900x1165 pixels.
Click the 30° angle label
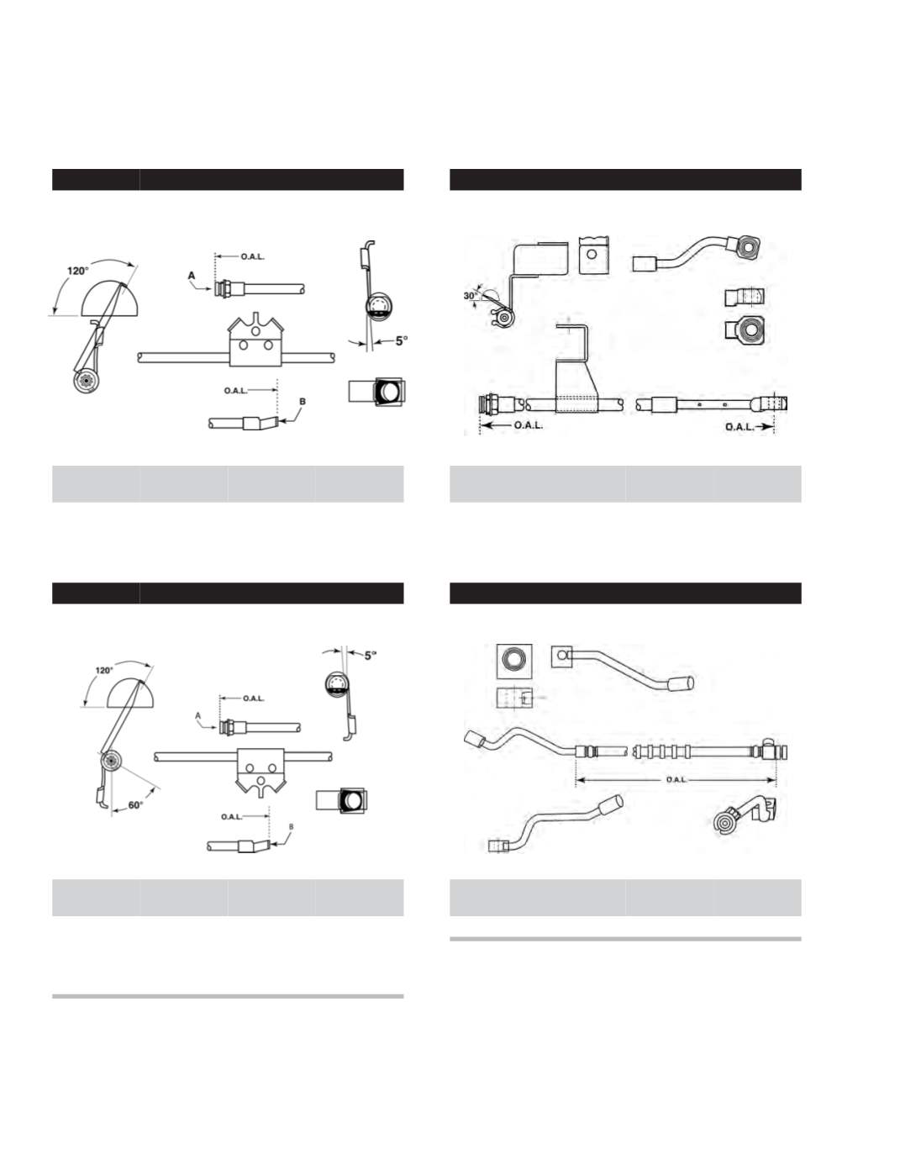pyautogui.click(x=470, y=295)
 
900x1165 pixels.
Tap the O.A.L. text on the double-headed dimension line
pyautogui.click(x=676, y=779)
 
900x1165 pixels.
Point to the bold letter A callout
pyautogui.click(x=192, y=276)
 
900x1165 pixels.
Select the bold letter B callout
pyautogui.click(x=303, y=402)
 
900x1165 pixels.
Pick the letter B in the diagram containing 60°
pyautogui.click(x=291, y=827)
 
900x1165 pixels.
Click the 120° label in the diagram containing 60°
pyautogui.click(x=104, y=670)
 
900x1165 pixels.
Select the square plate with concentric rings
pyautogui.click(x=514, y=661)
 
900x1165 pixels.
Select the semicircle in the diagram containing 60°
pyautogui.click(x=131, y=693)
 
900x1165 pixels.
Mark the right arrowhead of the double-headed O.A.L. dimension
pyautogui.click(x=772, y=779)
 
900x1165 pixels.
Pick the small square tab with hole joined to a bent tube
pyautogui.click(x=561, y=656)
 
